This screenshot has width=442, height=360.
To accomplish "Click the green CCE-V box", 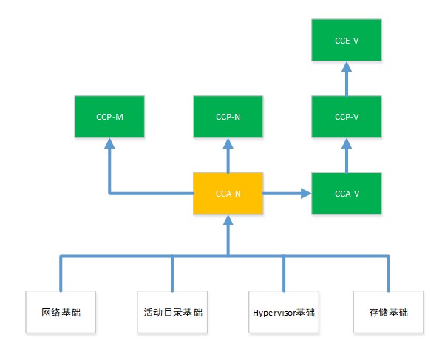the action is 347,40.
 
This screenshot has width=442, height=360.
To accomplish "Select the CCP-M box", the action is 109,117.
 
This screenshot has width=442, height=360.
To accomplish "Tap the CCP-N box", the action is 228,117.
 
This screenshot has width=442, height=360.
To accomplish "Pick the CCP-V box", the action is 347,117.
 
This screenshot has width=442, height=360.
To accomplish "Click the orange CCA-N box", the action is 228,194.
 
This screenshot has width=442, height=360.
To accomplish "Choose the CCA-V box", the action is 347,194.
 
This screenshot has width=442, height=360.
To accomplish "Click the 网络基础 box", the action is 61,312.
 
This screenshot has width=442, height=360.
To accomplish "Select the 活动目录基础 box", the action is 172,312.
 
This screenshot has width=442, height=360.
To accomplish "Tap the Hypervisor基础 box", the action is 284,312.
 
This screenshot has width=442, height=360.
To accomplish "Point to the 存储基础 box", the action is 389,312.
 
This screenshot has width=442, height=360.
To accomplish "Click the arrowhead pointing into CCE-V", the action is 347,67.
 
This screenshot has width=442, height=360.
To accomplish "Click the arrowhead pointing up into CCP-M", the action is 109,143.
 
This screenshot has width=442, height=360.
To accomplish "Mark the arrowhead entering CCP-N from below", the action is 228,143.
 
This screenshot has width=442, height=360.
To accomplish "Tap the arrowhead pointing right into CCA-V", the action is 306,194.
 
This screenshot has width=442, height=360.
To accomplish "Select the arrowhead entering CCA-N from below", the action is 228,220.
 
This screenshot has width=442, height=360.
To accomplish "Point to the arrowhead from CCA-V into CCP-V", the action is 347,143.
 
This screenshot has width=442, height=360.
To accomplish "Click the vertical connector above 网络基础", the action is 61,274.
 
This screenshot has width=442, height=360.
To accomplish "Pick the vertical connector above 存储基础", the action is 389,274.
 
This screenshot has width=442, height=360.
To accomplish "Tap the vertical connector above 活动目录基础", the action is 172,274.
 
